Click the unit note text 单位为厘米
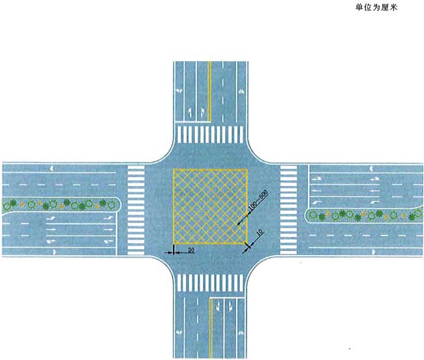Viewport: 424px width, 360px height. point(376,7)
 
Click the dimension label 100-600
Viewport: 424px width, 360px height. point(258,200)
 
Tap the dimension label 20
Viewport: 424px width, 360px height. point(191,250)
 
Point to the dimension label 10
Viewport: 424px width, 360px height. point(260,233)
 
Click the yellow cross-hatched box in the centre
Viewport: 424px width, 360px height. point(210,207)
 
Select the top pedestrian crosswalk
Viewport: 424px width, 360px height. point(210,134)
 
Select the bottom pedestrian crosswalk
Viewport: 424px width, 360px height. point(210,282)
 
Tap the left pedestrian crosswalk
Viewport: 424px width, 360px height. point(136,210)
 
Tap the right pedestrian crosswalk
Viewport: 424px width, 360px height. point(288,210)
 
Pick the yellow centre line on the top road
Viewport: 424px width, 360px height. point(209,91)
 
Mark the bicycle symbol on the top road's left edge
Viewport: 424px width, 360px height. point(179,91)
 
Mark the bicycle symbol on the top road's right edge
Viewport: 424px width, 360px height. point(241,91)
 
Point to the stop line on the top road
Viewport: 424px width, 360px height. point(193,121)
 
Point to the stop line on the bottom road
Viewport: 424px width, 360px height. point(228,298)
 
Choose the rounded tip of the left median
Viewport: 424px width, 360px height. point(119,205)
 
